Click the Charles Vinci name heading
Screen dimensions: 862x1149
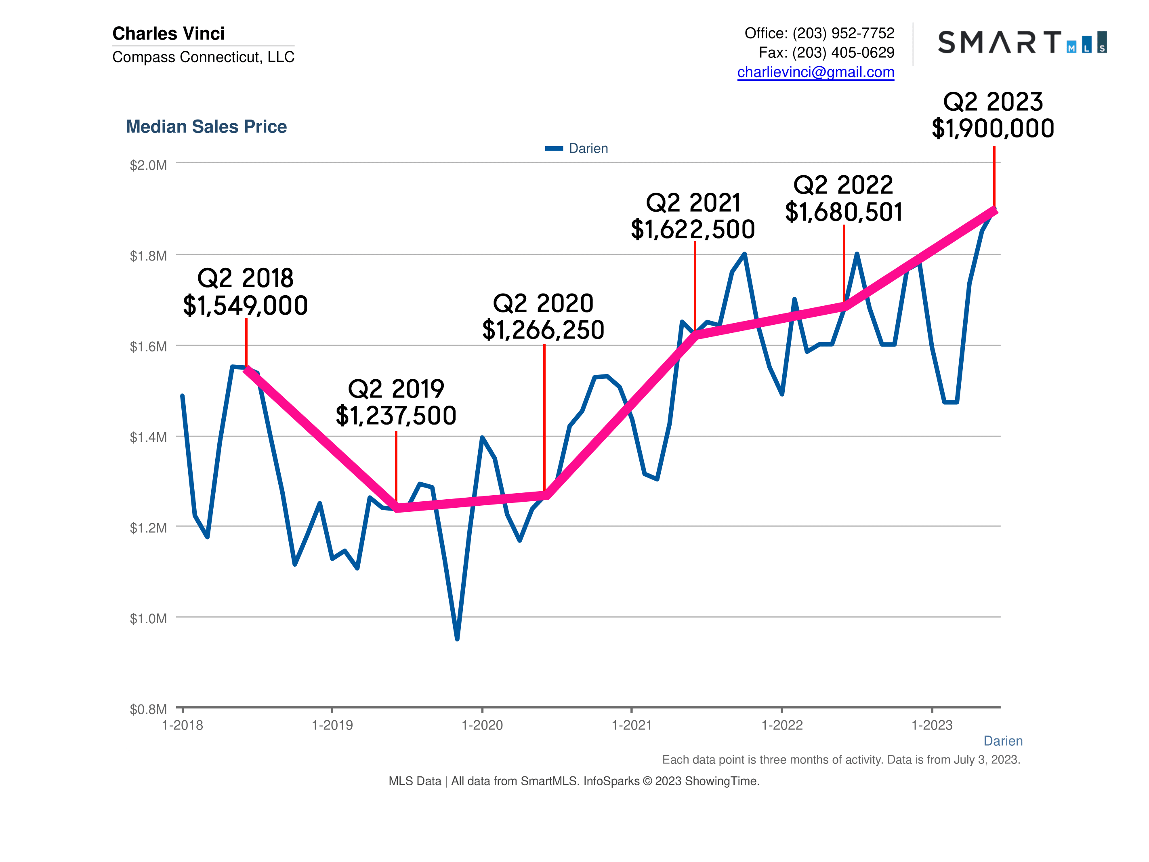(168, 33)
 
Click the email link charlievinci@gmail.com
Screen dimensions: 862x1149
(815, 72)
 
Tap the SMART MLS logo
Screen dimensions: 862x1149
(1021, 42)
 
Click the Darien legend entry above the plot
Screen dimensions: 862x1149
(577, 149)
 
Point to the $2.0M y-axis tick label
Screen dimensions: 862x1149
(148, 165)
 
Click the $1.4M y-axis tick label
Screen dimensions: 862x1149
(148, 437)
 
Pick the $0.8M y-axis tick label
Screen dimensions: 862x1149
(148, 709)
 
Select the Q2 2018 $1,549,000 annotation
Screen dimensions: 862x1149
(245, 292)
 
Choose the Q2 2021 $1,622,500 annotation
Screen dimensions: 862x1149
(693, 216)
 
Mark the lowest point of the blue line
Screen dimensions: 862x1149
(457, 639)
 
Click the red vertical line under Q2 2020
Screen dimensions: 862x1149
(544, 416)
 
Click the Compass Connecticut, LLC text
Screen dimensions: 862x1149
(203, 57)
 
